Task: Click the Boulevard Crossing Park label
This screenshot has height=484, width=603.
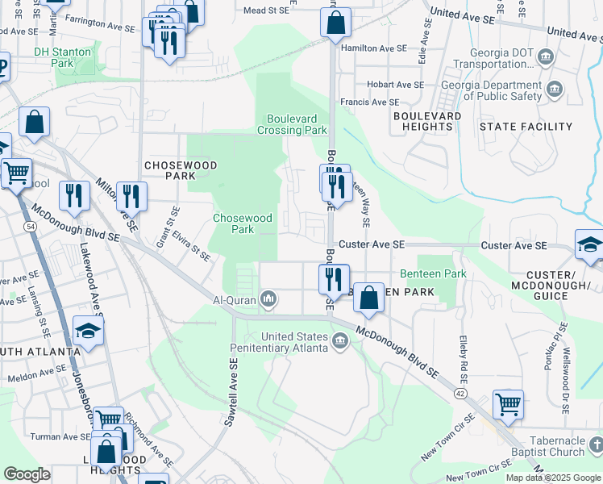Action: point(292,123)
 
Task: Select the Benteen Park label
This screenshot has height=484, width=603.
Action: point(433,274)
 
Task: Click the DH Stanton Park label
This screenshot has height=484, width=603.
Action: point(63,56)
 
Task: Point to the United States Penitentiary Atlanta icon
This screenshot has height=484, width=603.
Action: point(340,342)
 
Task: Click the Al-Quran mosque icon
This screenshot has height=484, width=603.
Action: point(268,300)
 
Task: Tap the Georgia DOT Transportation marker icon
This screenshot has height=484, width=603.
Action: point(546,57)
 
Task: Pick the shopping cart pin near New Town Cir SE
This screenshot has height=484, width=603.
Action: point(508,404)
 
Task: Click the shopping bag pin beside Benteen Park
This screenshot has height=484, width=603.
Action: point(368,298)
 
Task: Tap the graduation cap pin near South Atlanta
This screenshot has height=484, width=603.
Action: point(88,331)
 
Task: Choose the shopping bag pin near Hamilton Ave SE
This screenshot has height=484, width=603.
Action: point(335,23)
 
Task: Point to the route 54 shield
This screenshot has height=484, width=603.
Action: point(30,228)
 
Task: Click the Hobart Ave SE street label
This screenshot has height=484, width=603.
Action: point(395,85)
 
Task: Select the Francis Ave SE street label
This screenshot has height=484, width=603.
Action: point(369,102)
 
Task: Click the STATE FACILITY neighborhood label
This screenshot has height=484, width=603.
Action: point(526,127)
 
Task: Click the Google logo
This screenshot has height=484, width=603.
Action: point(27,474)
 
